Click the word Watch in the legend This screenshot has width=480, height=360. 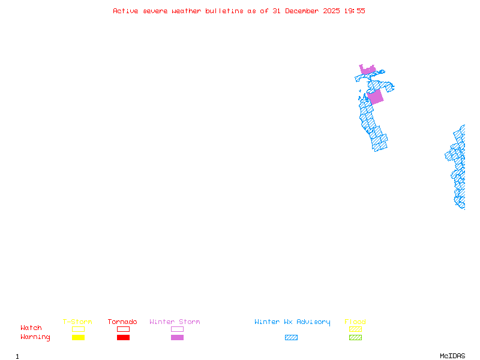[x=31, y=328]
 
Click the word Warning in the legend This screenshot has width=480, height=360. [x=35, y=337]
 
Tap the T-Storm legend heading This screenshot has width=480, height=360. [x=77, y=322]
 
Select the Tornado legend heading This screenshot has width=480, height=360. [x=122, y=322]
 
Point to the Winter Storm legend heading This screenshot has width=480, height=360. [x=175, y=322]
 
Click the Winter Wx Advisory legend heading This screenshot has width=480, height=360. [x=292, y=322]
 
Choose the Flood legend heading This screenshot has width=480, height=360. [x=355, y=322]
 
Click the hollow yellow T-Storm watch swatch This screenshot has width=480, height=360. [x=78, y=329]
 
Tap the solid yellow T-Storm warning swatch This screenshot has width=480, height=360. [x=78, y=337]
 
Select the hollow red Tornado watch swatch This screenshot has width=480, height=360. [x=123, y=329]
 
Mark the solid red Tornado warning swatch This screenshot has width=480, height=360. [x=123, y=337]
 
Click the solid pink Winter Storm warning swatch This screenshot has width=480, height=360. [x=177, y=337]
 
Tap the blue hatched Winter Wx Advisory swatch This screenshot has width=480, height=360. [x=291, y=337]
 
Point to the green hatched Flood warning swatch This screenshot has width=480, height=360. [x=355, y=337]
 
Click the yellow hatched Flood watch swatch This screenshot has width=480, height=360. [x=355, y=329]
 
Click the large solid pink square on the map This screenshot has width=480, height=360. [x=375, y=97]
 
